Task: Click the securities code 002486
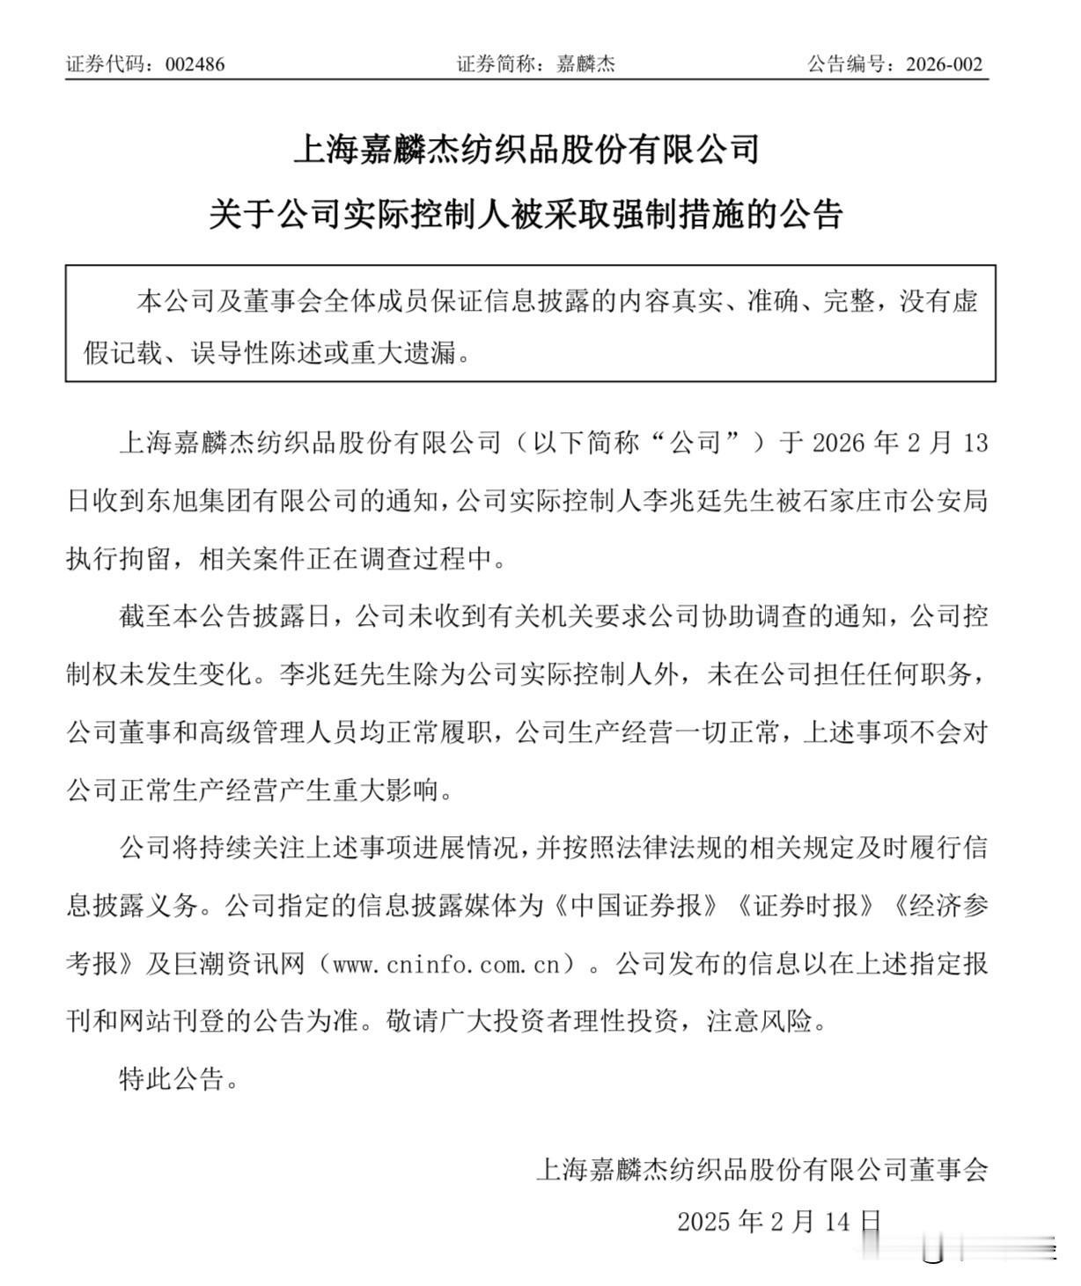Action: (195, 64)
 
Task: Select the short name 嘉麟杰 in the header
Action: (585, 64)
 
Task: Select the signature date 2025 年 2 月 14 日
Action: (779, 1222)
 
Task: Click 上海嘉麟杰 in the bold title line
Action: (379, 149)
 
